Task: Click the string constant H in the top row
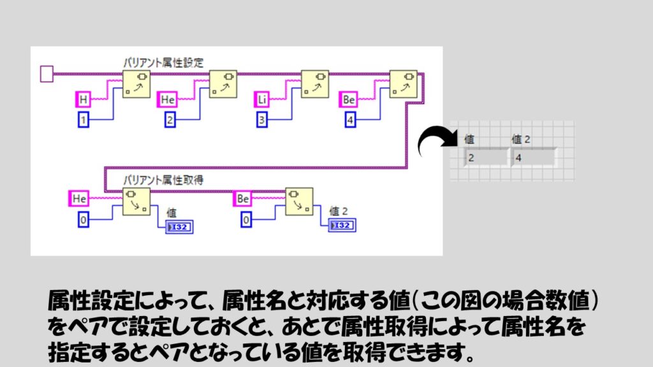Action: tap(83, 99)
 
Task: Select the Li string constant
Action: tap(263, 99)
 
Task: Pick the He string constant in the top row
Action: tap(167, 99)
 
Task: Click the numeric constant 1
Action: tap(83, 119)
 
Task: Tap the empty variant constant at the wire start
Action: tap(47, 74)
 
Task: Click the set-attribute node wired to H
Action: tap(135, 84)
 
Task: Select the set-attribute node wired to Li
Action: tap(314, 84)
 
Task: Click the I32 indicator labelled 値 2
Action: tap(342, 226)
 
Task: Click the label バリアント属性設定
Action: tap(163, 62)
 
